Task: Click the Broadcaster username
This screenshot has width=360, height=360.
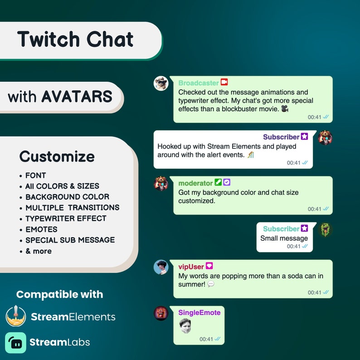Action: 199,83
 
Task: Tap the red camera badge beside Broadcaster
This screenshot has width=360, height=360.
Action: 224,83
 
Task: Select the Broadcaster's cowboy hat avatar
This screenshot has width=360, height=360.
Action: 161,83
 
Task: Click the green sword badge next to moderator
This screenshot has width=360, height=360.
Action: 218,183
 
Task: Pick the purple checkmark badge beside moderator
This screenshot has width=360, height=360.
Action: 227,183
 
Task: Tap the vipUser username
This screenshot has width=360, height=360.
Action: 191,267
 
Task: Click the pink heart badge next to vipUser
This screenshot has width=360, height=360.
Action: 209,266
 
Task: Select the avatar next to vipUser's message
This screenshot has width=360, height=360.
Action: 161,268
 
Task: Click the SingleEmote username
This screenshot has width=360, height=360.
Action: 199,312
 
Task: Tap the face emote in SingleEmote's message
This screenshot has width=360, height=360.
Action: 185,326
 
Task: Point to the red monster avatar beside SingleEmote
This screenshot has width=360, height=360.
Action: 161,313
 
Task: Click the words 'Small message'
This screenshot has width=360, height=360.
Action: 284,238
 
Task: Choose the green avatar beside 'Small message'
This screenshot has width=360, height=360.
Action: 325,230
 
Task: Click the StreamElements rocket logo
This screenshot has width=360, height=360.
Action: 16,316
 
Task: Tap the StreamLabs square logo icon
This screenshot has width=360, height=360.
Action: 16,342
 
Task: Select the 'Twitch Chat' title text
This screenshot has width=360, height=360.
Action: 75,39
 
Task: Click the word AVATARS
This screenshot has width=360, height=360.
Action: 77,97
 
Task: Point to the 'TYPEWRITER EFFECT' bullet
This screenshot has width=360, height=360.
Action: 66,219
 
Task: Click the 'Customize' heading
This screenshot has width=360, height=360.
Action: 57,157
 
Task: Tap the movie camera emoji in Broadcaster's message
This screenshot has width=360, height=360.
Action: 285,109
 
